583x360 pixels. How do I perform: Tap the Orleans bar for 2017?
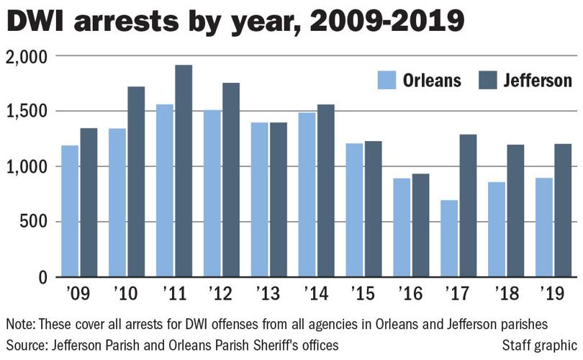coord(449,238)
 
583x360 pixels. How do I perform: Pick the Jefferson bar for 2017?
coord(468,205)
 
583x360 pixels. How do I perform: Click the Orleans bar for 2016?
coord(402,228)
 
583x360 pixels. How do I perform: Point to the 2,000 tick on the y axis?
coord(26,56)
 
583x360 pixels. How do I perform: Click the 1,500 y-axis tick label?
coord(26,112)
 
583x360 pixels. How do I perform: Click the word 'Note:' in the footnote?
coord(22,323)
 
